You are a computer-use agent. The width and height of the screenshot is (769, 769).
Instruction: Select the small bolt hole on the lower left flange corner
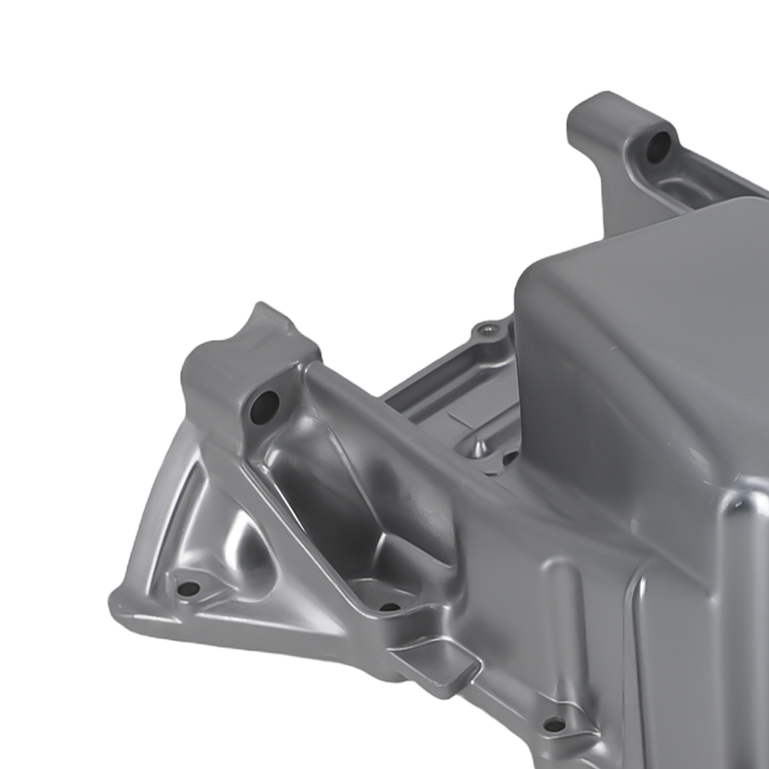(x=191, y=588)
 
